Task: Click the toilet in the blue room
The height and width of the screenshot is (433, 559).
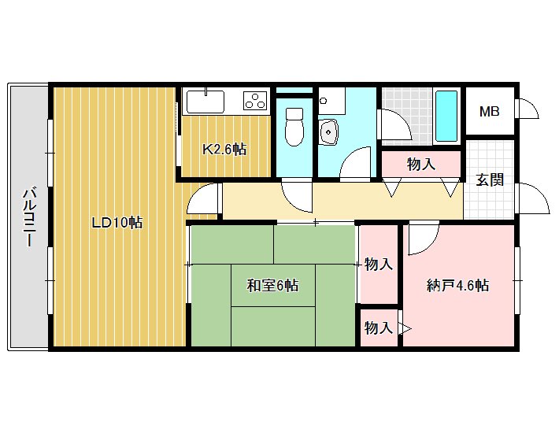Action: (294, 127)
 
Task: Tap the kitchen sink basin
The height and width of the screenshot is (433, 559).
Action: (205, 102)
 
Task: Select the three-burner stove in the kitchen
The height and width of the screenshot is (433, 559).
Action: (255, 100)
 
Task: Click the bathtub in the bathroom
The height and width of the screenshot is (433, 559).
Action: (446, 117)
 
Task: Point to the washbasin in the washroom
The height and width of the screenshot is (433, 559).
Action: (328, 131)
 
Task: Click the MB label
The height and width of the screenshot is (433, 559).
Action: (489, 112)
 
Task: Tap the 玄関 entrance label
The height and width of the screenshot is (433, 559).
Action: (490, 180)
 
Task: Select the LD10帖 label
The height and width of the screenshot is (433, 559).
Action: (117, 223)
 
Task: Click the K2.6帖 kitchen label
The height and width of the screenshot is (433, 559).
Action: (224, 149)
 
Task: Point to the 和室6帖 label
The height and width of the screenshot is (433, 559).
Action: (272, 286)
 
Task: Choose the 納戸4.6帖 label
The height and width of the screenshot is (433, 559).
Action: (457, 286)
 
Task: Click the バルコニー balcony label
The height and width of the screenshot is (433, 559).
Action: (30, 217)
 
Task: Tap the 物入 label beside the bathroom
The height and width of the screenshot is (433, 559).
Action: (421, 165)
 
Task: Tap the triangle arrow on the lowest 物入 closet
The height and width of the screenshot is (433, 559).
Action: (405, 328)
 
